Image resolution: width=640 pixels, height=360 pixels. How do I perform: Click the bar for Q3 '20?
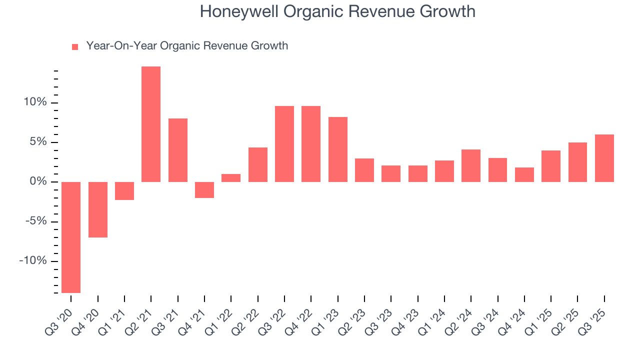pyautogui.click(x=71, y=237)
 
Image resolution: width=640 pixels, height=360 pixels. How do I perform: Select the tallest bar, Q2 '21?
pyautogui.click(x=151, y=124)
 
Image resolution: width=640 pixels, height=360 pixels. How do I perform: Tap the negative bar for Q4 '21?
pyautogui.click(x=204, y=190)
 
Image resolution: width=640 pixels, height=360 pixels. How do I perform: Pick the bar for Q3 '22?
pyautogui.click(x=284, y=144)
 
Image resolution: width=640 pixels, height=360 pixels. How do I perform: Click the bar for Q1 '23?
pyautogui.click(x=338, y=149)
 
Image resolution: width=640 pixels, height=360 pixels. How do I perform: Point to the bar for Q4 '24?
pyautogui.click(x=524, y=174)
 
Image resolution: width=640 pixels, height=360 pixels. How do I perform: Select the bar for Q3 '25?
pyautogui.click(x=604, y=158)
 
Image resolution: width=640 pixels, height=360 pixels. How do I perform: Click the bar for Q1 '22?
pyautogui.click(x=231, y=178)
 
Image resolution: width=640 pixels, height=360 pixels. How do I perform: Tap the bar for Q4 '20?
pyautogui.click(x=98, y=209)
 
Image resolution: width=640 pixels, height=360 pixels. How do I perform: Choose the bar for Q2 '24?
pyautogui.click(x=471, y=165)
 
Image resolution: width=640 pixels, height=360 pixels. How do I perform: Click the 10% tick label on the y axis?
pyautogui.click(x=35, y=102)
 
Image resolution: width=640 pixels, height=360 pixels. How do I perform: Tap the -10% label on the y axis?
pyautogui.click(x=33, y=261)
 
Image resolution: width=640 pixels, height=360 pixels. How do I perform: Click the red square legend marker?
pyautogui.click(x=75, y=47)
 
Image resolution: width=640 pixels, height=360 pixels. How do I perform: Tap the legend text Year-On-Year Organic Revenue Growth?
pyautogui.click(x=187, y=46)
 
